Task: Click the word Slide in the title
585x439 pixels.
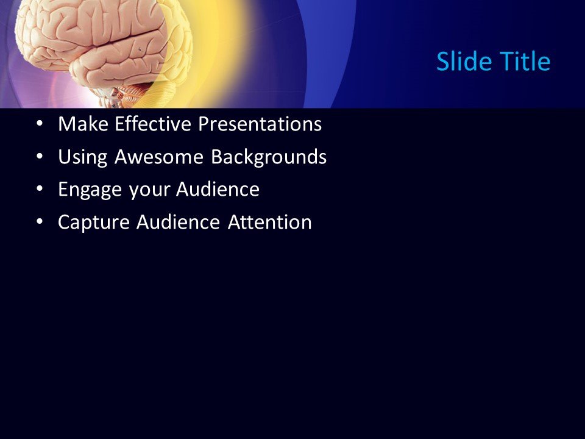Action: tap(462, 62)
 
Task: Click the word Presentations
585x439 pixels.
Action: tap(261, 125)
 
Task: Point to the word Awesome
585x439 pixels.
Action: tap(160, 158)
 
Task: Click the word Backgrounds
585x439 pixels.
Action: tap(269, 158)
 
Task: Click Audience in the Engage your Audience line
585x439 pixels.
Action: tap(218, 190)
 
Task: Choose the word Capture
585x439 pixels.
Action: tap(94, 223)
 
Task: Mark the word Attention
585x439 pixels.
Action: tap(270, 223)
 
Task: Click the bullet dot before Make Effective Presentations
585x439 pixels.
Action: tap(40, 124)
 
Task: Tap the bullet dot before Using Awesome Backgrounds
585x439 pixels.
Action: tap(40, 157)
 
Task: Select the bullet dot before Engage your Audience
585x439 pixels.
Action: tap(40, 190)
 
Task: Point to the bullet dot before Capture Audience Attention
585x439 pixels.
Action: tap(40, 222)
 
